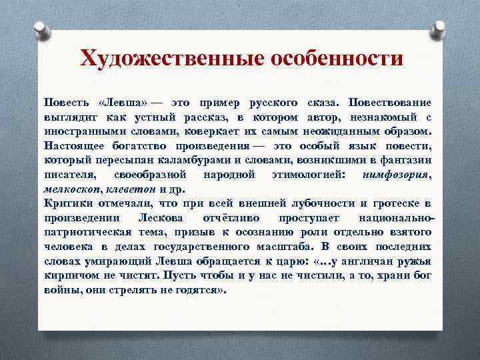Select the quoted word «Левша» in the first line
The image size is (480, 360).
[x=123, y=103]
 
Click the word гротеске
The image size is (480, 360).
[x=396, y=203]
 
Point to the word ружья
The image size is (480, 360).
[x=415, y=261]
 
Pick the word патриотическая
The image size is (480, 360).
[x=90, y=233]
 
